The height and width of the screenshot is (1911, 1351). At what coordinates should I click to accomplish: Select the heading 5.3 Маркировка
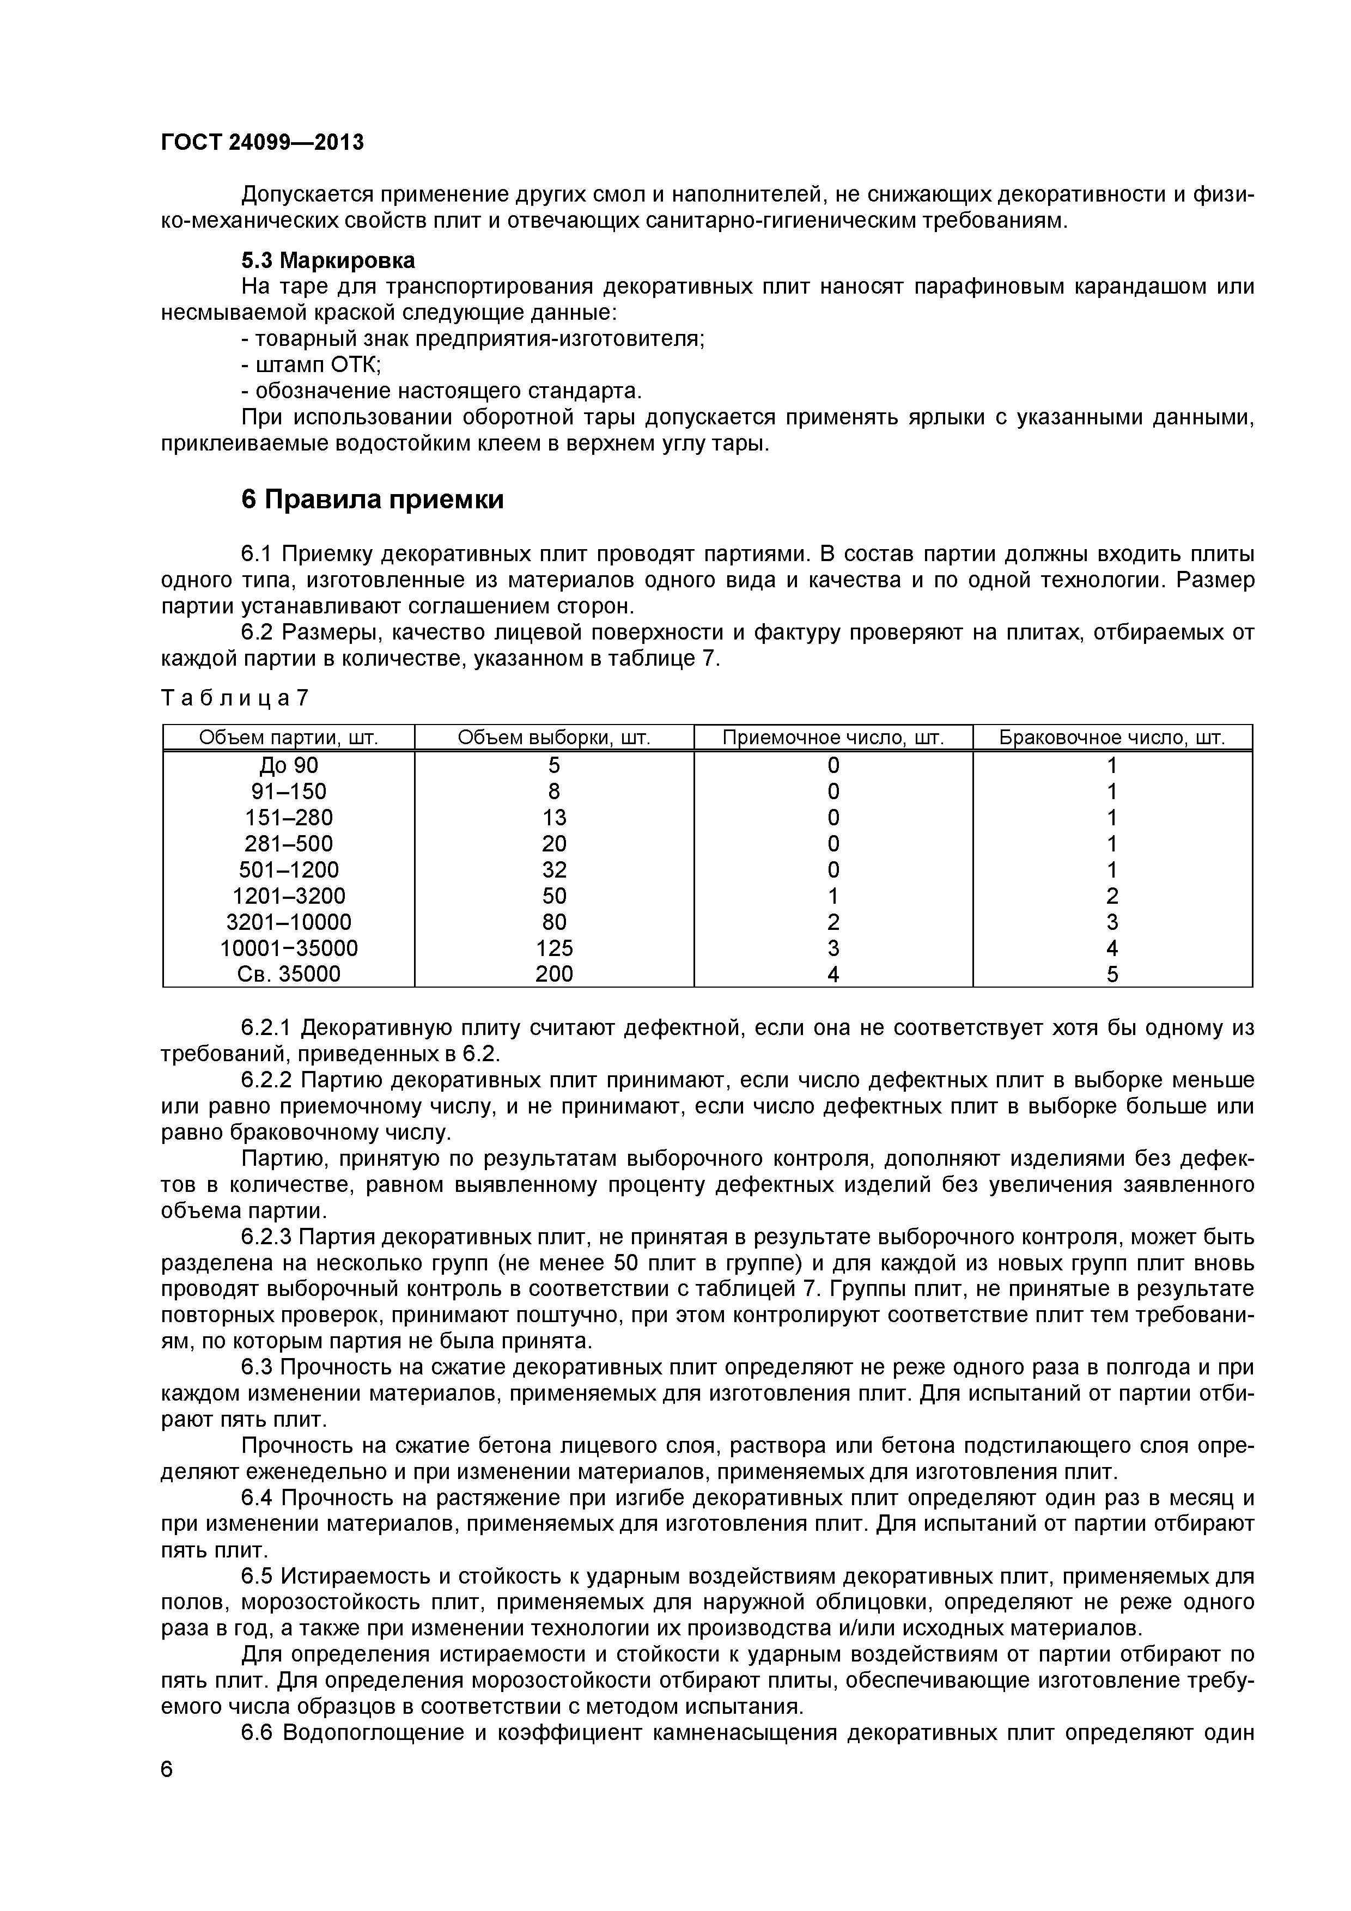(x=327, y=260)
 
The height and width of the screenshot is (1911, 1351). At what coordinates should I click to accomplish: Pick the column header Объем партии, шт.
(x=288, y=738)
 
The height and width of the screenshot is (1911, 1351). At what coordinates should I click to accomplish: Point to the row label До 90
(x=288, y=766)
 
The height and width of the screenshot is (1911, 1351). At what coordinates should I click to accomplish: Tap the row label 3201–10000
(x=288, y=922)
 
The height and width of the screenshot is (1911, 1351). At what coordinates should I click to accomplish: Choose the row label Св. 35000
(x=288, y=975)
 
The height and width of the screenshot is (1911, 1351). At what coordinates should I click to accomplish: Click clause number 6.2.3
(x=266, y=1238)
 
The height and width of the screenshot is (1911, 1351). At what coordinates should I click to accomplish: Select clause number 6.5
(x=257, y=1577)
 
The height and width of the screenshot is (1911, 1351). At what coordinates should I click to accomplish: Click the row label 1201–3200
(x=288, y=897)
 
